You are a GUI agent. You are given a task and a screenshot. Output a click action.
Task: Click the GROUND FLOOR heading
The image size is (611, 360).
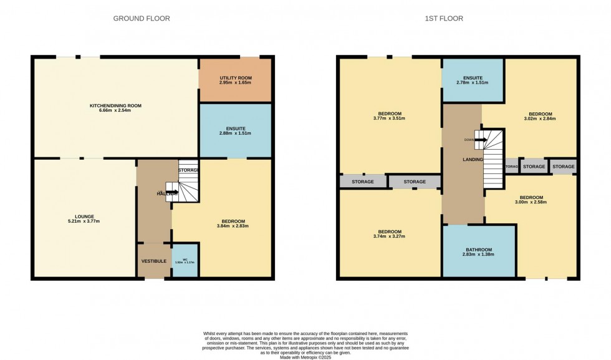click(x=142, y=18)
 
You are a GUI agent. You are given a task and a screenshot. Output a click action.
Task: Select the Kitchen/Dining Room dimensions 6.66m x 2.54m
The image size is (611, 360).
click(x=115, y=113)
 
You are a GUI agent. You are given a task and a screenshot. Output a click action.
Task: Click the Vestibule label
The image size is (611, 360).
click(x=153, y=261)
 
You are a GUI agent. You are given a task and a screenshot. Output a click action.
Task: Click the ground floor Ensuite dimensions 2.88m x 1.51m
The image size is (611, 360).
click(x=235, y=133)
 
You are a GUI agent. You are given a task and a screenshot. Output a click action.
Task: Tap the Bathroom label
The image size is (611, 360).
click(x=479, y=249)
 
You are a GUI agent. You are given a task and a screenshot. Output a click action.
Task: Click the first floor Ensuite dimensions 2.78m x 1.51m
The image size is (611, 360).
click(x=472, y=82)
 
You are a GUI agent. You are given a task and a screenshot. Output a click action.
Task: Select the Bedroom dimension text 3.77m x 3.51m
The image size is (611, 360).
click(x=389, y=118)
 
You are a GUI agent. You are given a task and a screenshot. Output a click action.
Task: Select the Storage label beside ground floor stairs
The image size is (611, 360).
click(x=188, y=170)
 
